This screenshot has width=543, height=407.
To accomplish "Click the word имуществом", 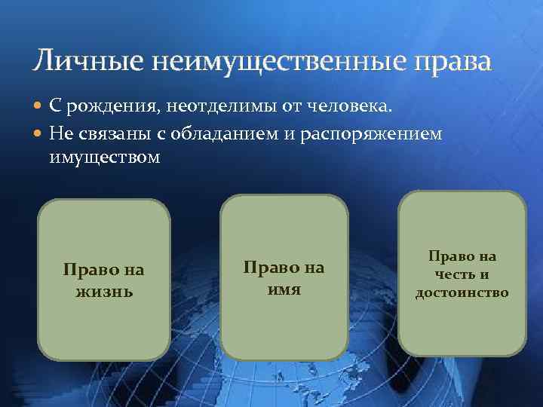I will click(x=105, y=158).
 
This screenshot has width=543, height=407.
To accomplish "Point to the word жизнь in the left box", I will click(x=104, y=290).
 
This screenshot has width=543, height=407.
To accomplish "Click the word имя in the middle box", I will click(x=283, y=288).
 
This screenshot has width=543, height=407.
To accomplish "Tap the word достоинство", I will click(x=462, y=292).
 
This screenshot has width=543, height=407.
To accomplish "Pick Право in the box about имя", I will click(x=268, y=268).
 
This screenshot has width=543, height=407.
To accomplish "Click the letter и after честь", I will click(x=483, y=274).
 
